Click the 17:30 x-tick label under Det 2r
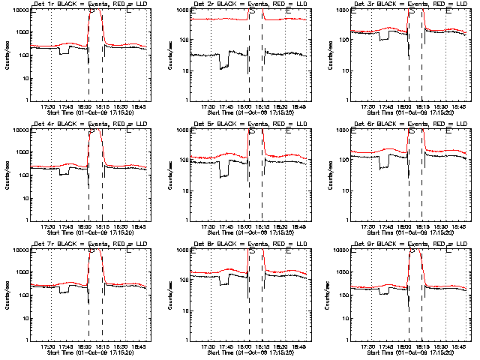click(x=208, y=107)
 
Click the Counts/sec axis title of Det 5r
click(x=169, y=175)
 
